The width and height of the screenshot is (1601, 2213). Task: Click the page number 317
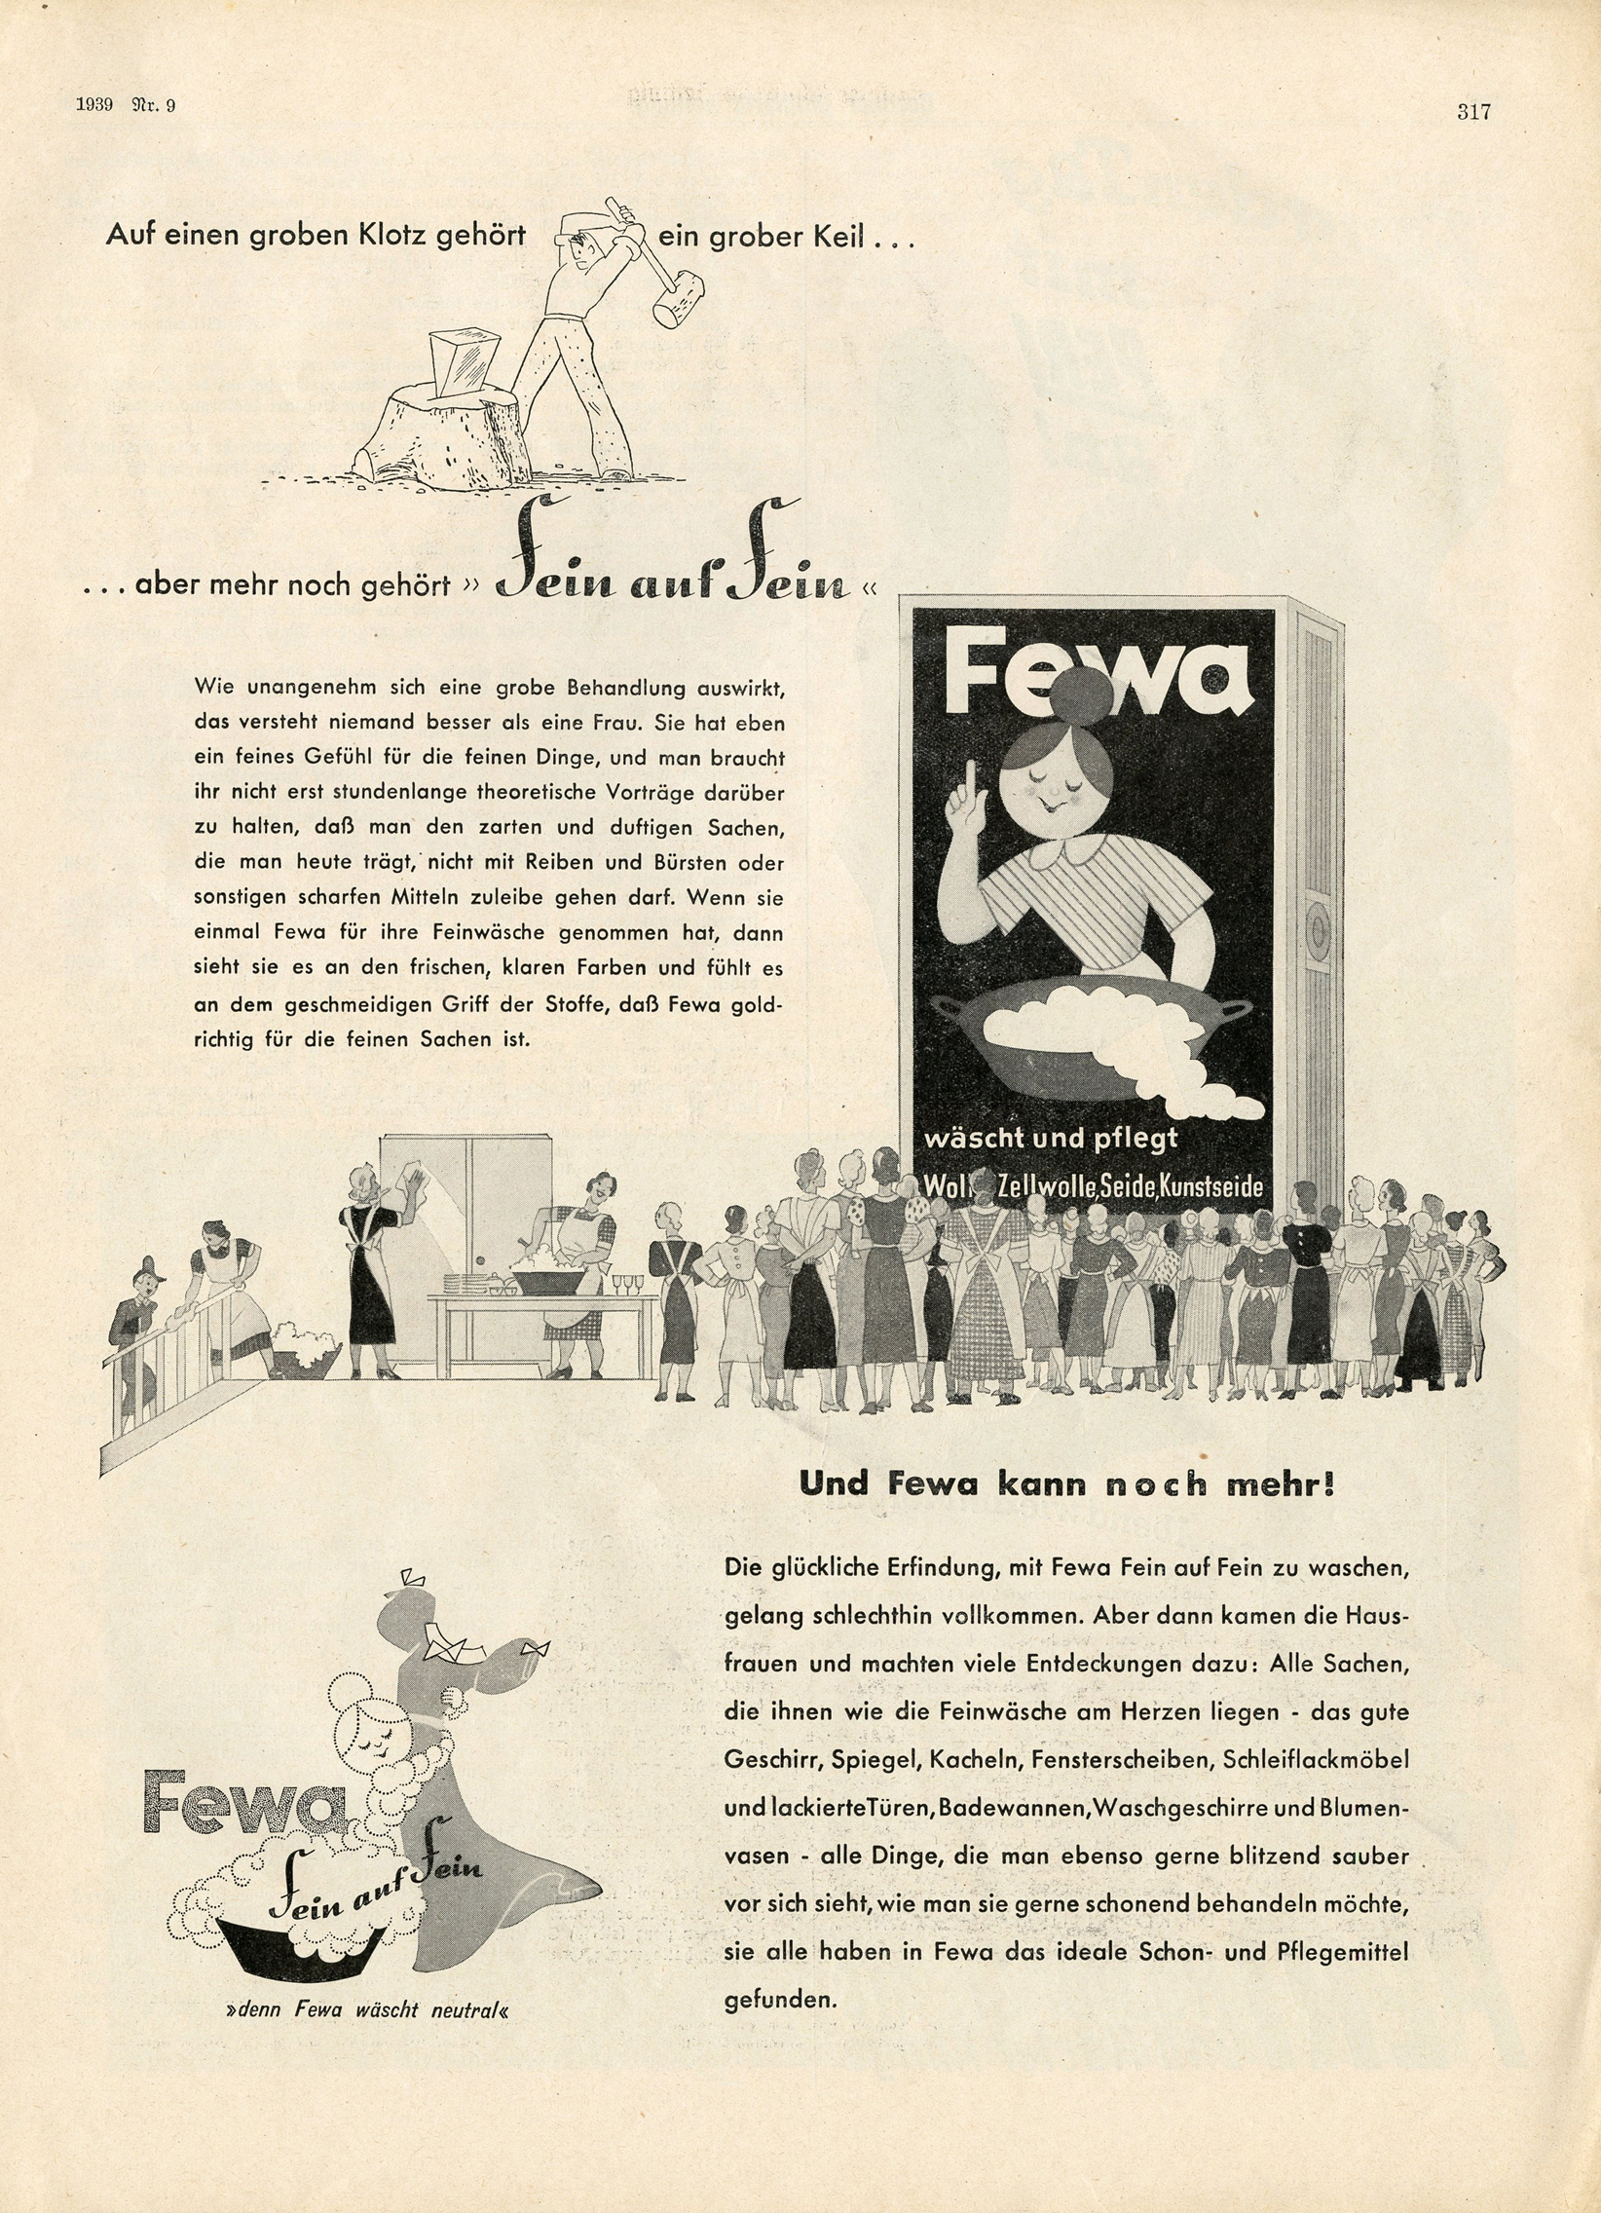(x=1473, y=112)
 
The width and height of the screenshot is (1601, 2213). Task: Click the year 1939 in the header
(x=94, y=106)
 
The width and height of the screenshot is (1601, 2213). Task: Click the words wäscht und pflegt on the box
(x=1052, y=1138)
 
